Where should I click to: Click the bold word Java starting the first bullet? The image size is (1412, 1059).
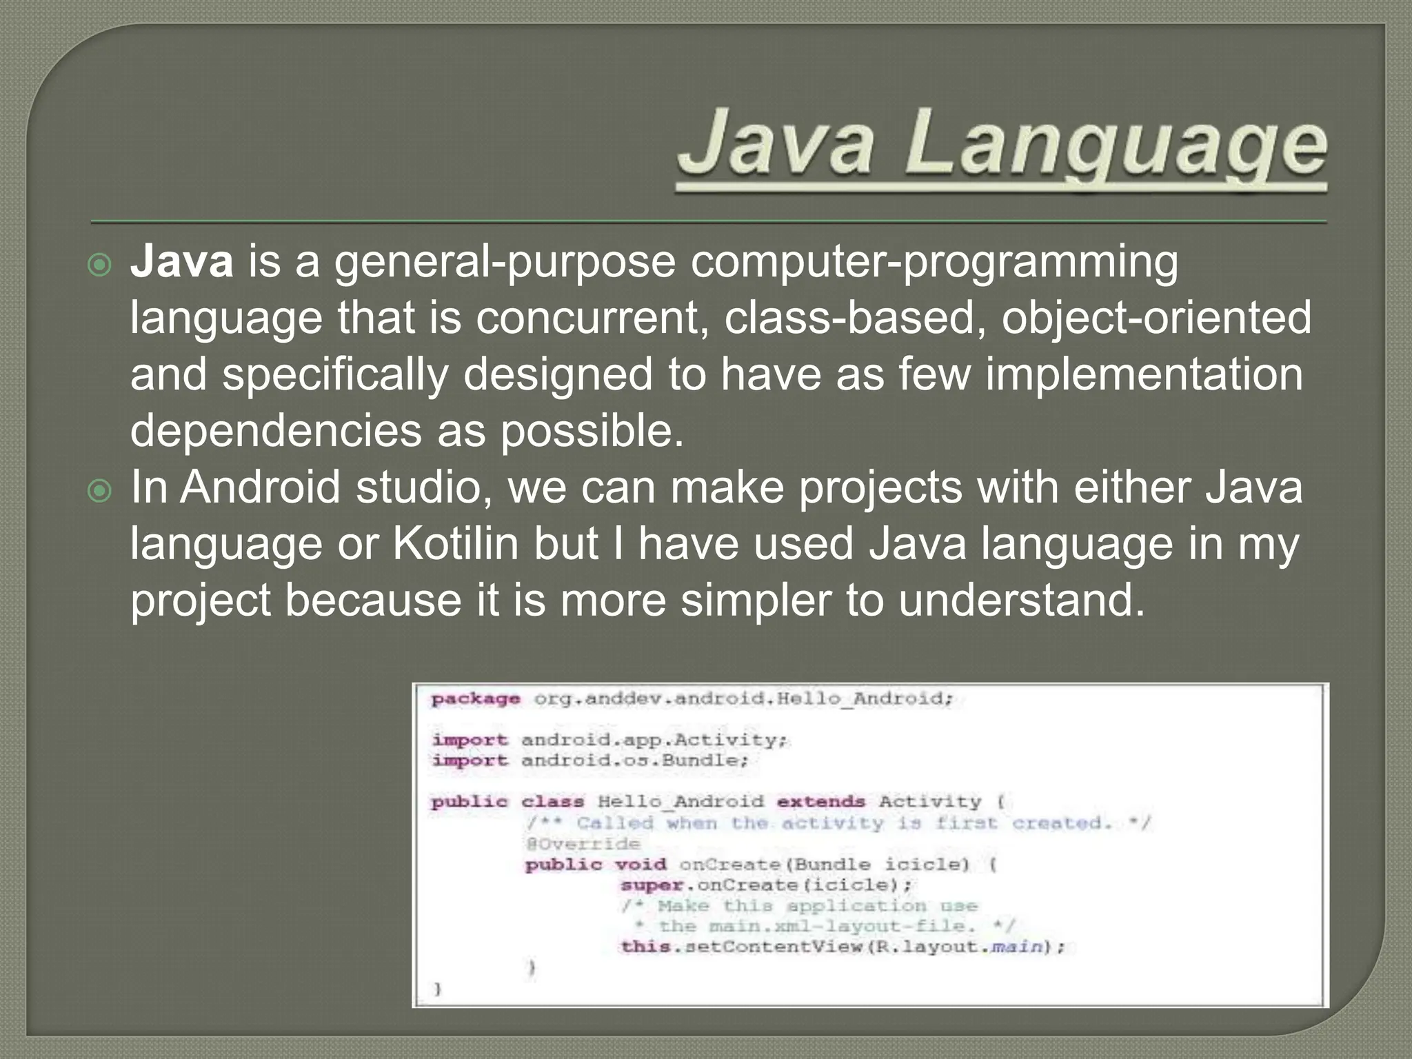182,263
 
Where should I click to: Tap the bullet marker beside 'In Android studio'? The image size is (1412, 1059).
101,492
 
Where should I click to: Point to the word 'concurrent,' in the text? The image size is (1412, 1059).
592,319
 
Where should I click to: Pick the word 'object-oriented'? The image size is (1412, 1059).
1156,319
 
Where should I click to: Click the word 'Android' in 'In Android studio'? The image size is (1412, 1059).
261,487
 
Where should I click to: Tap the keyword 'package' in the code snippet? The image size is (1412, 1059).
476,699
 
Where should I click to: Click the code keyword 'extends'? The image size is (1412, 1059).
820,802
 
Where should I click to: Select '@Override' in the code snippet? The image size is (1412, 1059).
583,844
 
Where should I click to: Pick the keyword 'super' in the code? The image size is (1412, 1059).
652,885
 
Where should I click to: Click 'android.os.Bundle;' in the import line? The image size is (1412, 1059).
634,760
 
